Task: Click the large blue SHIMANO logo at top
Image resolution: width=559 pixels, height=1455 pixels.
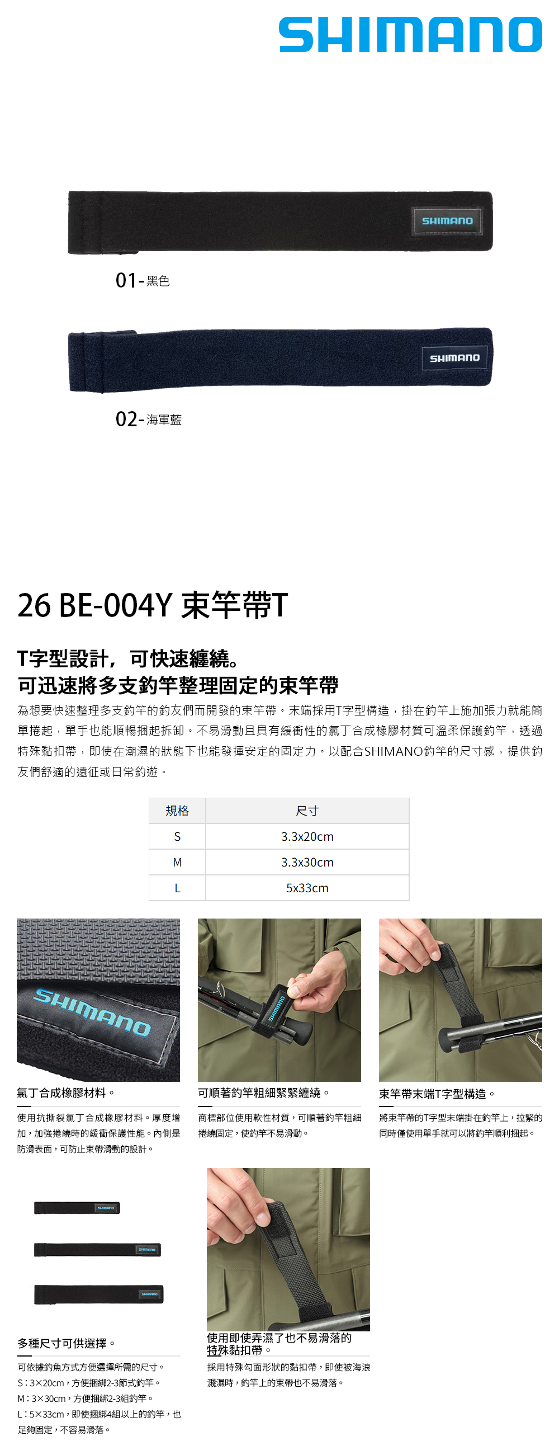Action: pyautogui.click(x=410, y=35)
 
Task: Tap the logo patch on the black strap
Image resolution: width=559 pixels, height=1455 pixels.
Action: pyautogui.click(x=447, y=221)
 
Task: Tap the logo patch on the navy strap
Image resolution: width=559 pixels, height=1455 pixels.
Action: pyautogui.click(x=454, y=358)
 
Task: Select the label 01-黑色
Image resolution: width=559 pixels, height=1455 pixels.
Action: pyautogui.click(x=143, y=280)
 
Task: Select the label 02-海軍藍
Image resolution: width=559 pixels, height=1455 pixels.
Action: pyautogui.click(x=149, y=419)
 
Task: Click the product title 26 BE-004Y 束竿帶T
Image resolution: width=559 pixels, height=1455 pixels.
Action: pyautogui.click(x=153, y=605)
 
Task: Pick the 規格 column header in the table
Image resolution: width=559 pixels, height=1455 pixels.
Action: pyautogui.click(x=177, y=811)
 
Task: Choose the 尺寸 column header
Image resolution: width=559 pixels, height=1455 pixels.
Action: pyautogui.click(x=307, y=811)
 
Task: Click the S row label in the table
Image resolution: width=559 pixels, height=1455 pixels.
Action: pyautogui.click(x=177, y=836)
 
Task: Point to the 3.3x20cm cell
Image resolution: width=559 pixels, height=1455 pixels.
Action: pyautogui.click(x=307, y=836)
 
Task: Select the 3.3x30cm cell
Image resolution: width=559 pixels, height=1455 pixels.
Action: pyautogui.click(x=307, y=863)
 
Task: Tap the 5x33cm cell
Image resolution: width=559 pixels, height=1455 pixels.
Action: pyautogui.click(x=307, y=888)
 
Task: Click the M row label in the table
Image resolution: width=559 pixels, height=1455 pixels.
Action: pyautogui.click(x=177, y=863)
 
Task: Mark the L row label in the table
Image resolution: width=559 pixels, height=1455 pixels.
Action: pyautogui.click(x=177, y=888)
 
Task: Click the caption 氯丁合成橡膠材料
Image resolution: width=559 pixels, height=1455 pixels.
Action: pyautogui.click(x=66, y=1093)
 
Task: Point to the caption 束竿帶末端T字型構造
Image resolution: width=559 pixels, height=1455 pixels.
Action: pyautogui.click(x=437, y=1094)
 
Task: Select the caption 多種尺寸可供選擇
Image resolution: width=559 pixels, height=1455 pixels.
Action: pyautogui.click(x=67, y=1343)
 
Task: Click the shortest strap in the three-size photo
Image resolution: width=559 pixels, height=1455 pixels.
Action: pyautogui.click(x=77, y=1208)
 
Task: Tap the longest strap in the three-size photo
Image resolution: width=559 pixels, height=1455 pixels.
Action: pyautogui.click(x=99, y=1294)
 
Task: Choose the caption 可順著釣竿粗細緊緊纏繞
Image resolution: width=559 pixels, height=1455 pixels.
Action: pyautogui.click(x=264, y=1093)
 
